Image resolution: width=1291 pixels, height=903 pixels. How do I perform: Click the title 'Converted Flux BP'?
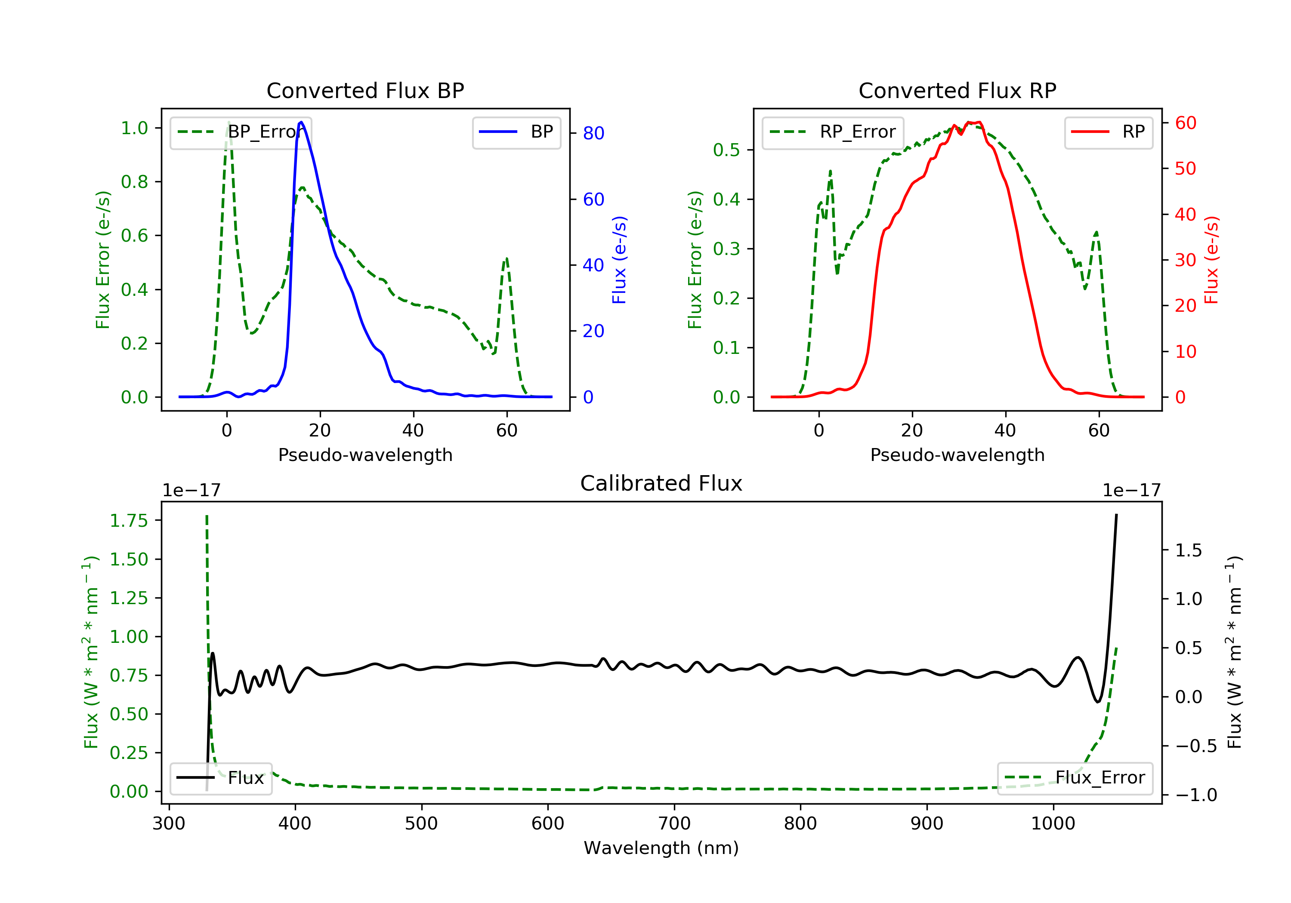coord(365,90)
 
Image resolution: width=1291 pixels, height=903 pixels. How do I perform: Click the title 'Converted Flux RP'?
coord(957,90)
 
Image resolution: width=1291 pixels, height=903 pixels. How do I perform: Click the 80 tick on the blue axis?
coord(593,133)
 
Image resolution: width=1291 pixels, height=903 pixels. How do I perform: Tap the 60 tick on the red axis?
coord(1185,123)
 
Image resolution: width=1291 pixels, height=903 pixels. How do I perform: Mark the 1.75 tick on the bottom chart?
coord(129,521)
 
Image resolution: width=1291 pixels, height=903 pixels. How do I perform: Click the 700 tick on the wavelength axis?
coord(674,824)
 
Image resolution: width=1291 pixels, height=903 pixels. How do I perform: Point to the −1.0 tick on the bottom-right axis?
coord(1196,795)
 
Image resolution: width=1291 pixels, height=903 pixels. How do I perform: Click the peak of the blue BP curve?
coord(301,122)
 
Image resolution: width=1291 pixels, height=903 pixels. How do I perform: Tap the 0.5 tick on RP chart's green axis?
coord(726,150)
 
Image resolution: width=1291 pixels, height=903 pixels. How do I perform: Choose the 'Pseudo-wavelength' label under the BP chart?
coord(365,455)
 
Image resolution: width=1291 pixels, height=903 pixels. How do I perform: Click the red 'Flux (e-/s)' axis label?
coord(1211,260)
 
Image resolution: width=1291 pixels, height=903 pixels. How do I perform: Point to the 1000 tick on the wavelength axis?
coord(1053,824)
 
